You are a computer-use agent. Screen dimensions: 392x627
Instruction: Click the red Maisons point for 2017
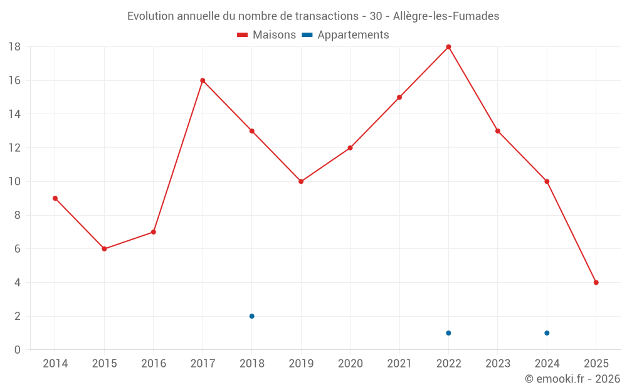coord(203,80)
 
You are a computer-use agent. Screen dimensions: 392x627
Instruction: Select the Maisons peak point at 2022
coord(448,46)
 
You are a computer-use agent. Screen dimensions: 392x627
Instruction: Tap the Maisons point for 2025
coord(596,282)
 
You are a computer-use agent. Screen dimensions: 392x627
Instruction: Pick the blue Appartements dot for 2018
coord(251,316)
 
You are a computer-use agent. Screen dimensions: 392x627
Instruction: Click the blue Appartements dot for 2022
coord(448,333)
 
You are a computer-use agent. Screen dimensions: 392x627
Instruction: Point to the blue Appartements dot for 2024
coord(547,333)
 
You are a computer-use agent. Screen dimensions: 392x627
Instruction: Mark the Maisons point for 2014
coord(55,198)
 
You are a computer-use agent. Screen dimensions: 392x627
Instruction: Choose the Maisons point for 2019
coord(301,181)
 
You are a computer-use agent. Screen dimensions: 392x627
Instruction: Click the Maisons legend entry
coord(266,35)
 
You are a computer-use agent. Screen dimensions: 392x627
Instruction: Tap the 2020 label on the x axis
coord(350,363)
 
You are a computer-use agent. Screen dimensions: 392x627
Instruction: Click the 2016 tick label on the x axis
coord(154,363)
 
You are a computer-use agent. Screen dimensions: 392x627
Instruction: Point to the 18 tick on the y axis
coord(14,47)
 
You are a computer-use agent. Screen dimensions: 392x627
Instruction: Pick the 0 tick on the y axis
coord(18,350)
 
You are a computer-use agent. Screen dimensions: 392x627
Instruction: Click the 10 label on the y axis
coord(14,182)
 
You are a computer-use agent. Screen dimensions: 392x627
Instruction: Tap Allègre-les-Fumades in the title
coord(446,16)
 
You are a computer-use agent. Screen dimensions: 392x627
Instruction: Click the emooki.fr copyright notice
coord(572,379)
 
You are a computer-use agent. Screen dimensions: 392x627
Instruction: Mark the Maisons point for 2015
coord(104,249)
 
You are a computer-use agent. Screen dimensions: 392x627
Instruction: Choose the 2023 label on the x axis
coord(498,363)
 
